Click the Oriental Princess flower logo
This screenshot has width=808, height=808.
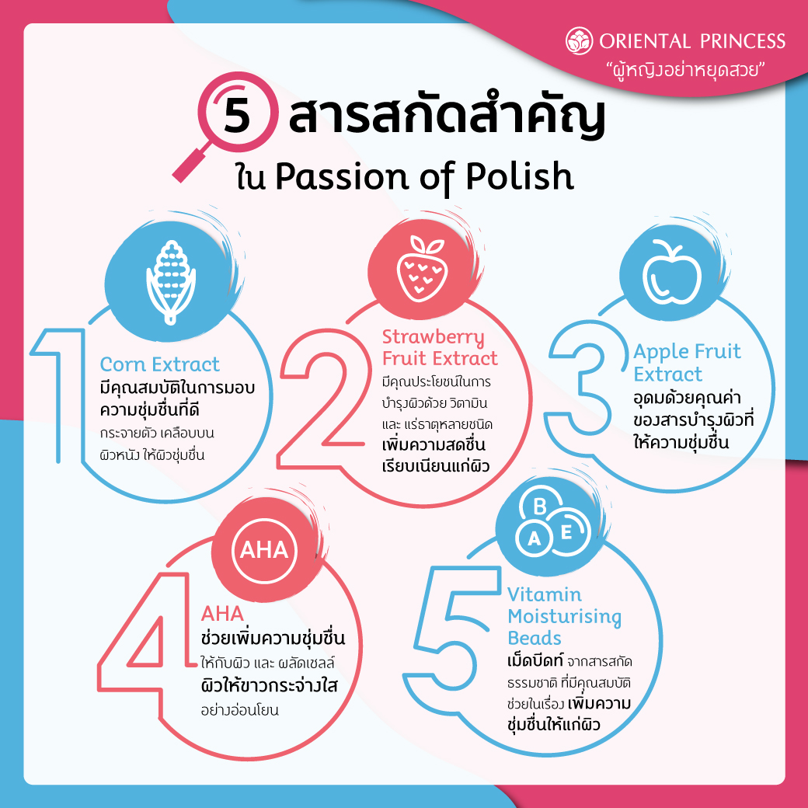pos(580,40)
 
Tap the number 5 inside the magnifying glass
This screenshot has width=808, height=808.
pos(236,113)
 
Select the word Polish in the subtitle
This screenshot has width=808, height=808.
pos(520,176)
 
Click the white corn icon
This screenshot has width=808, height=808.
pos(171,282)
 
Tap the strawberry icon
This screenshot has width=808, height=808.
pos(423,269)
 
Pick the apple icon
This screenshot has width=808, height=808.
pos(672,273)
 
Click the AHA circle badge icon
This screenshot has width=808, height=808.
pos(264,550)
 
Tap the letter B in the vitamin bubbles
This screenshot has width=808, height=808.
pos(539,506)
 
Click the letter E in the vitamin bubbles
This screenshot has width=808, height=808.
pos(566,531)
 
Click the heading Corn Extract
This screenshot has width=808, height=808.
pos(160,364)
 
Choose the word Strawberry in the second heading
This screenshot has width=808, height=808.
pos(433,337)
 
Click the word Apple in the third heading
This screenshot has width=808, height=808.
pos(661,353)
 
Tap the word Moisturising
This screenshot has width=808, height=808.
pos(564,617)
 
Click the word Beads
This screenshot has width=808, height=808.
pos(535,638)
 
